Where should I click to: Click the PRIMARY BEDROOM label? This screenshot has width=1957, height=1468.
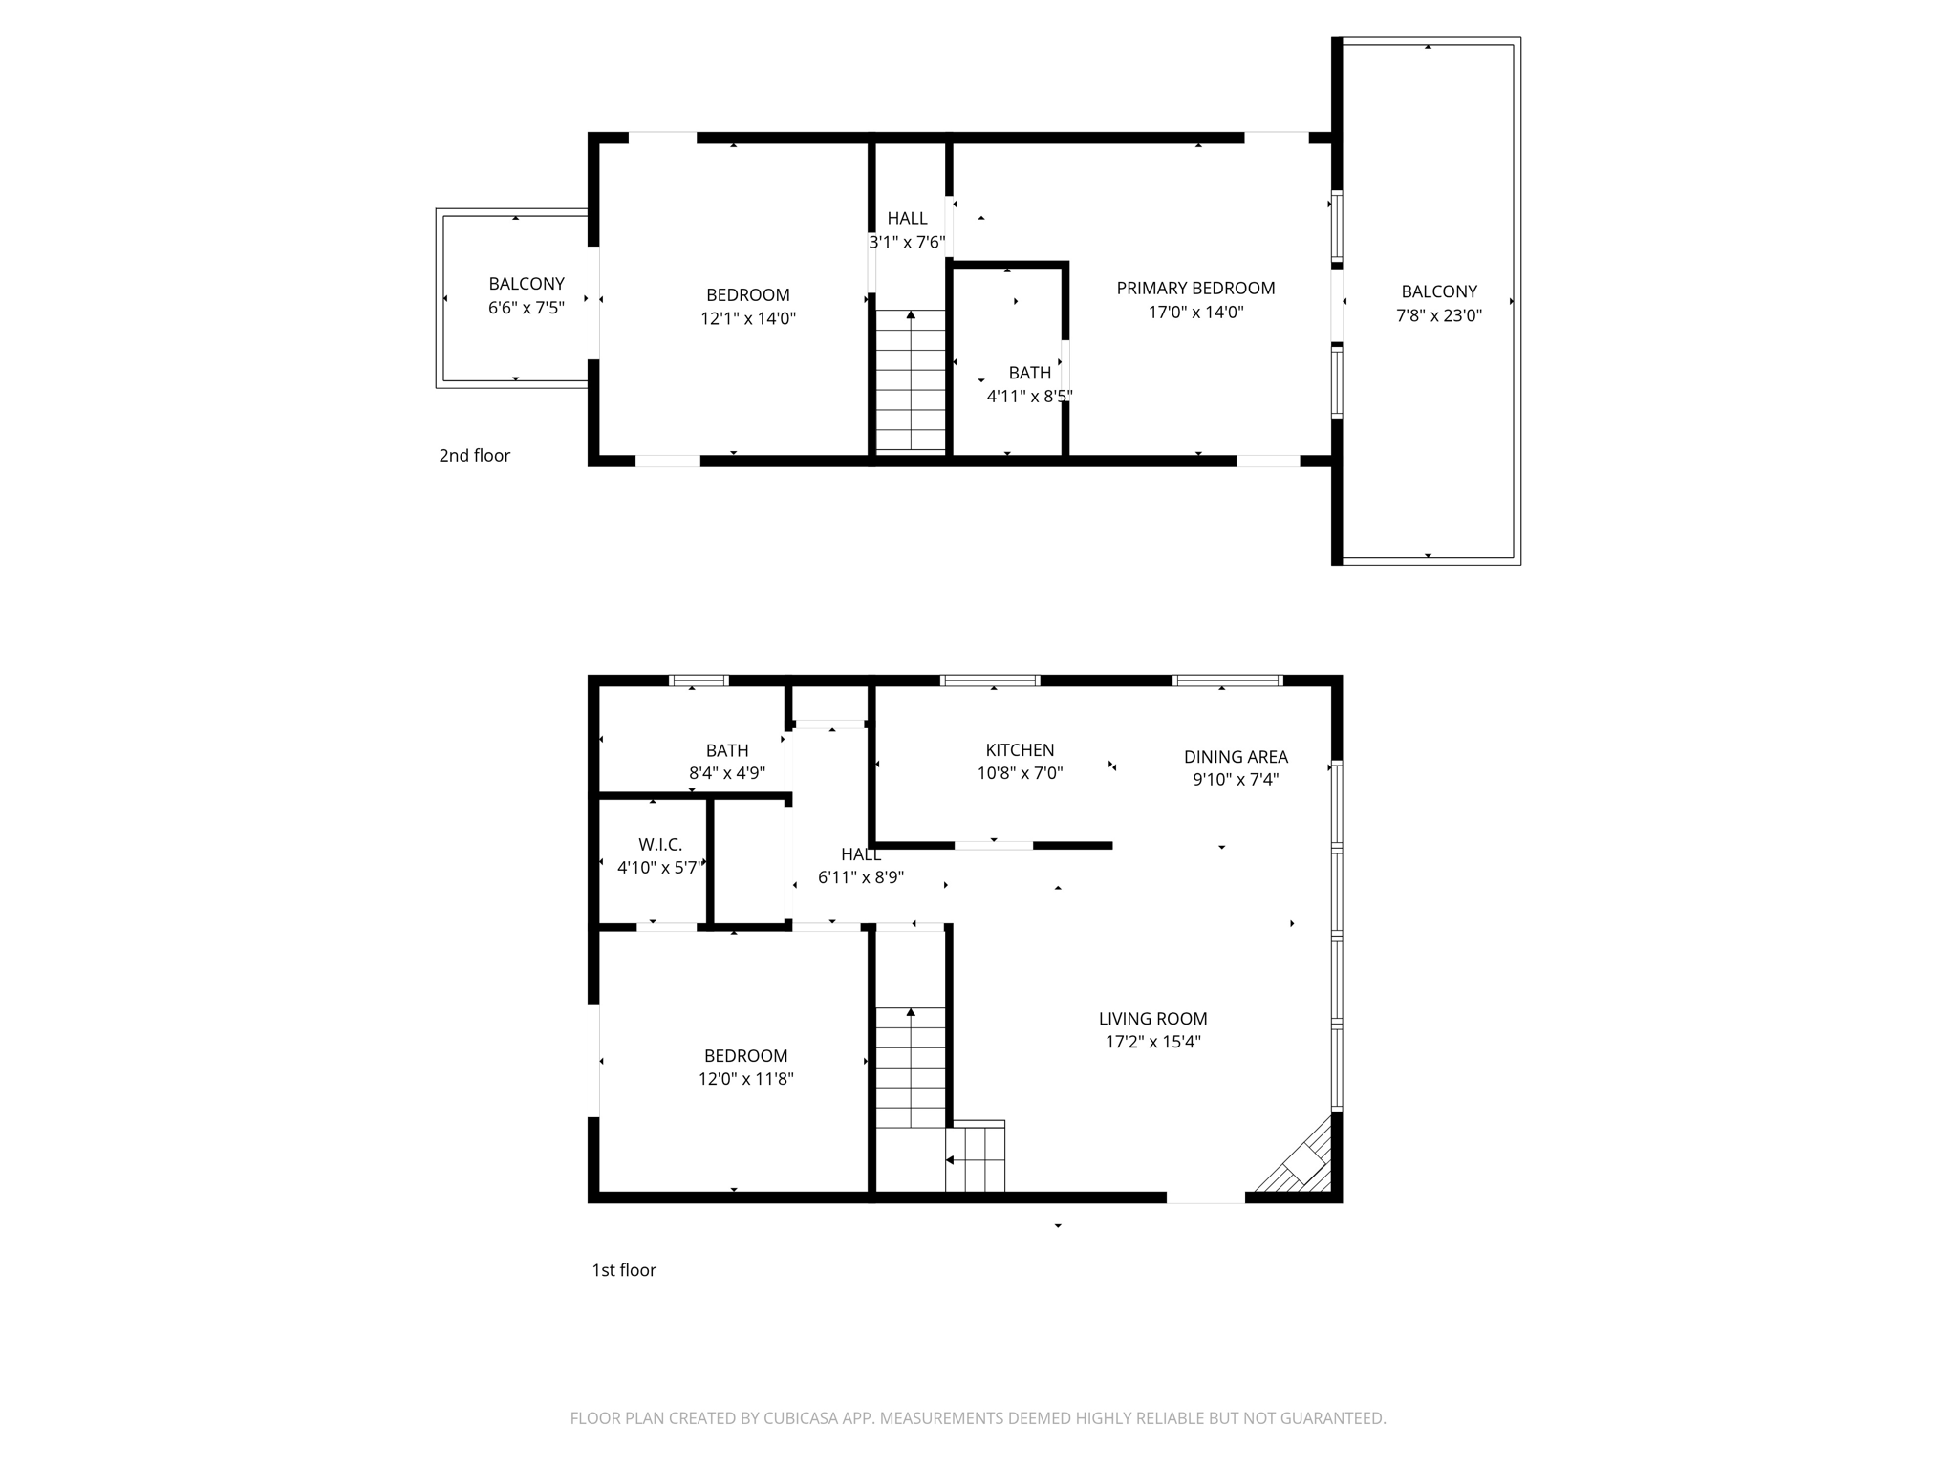click(1195, 288)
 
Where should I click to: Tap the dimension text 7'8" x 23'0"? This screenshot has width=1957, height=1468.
click(1438, 315)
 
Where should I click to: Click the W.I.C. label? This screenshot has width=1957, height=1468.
click(660, 845)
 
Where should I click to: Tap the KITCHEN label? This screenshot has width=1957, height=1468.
click(1020, 750)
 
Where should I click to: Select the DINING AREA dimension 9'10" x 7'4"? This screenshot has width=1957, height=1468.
click(1236, 779)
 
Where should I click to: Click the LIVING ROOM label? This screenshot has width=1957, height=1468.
click(1152, 1019)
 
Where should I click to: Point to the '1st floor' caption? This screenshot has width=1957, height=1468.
click(624, 1270)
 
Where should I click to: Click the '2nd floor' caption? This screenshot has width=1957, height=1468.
click(474, 456)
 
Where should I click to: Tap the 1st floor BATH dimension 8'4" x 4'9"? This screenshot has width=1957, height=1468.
click(727, 773)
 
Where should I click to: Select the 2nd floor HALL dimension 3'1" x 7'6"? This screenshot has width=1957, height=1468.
click(907, 243)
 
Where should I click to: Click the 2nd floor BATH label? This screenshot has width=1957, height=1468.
click(1029, 373)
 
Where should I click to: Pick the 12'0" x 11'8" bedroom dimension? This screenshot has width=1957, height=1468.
click(745, 1079)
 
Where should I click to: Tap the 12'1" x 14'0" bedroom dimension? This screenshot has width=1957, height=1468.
click(747, 318)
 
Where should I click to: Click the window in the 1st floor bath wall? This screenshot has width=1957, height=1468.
click(699, 680)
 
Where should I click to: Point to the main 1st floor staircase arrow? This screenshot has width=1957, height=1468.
click(911, 1012)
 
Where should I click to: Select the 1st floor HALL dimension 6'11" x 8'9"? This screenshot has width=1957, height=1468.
click(860, 877)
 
